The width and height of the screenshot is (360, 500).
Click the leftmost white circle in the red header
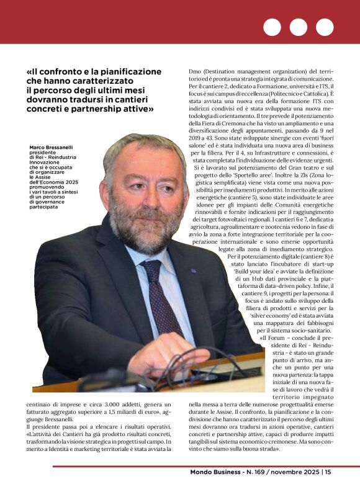[x=272, y=27]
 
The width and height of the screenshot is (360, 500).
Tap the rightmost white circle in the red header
[x=325, y=27]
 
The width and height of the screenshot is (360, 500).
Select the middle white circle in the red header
[x=298, y=27]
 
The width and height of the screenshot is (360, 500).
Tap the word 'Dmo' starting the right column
[x=196, y=71]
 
